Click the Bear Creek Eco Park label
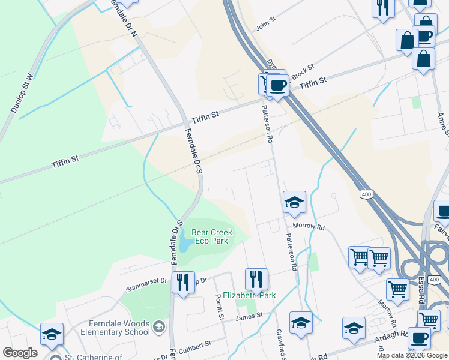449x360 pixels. pos(210,236)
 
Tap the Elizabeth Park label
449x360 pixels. pos(249,295)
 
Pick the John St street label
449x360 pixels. pos(265,23)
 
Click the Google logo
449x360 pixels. pos(20,353)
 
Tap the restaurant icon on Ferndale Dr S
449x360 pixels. pos(183,282)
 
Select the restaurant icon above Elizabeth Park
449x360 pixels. pos(256,278)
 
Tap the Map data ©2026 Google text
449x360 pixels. pos(412,355)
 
